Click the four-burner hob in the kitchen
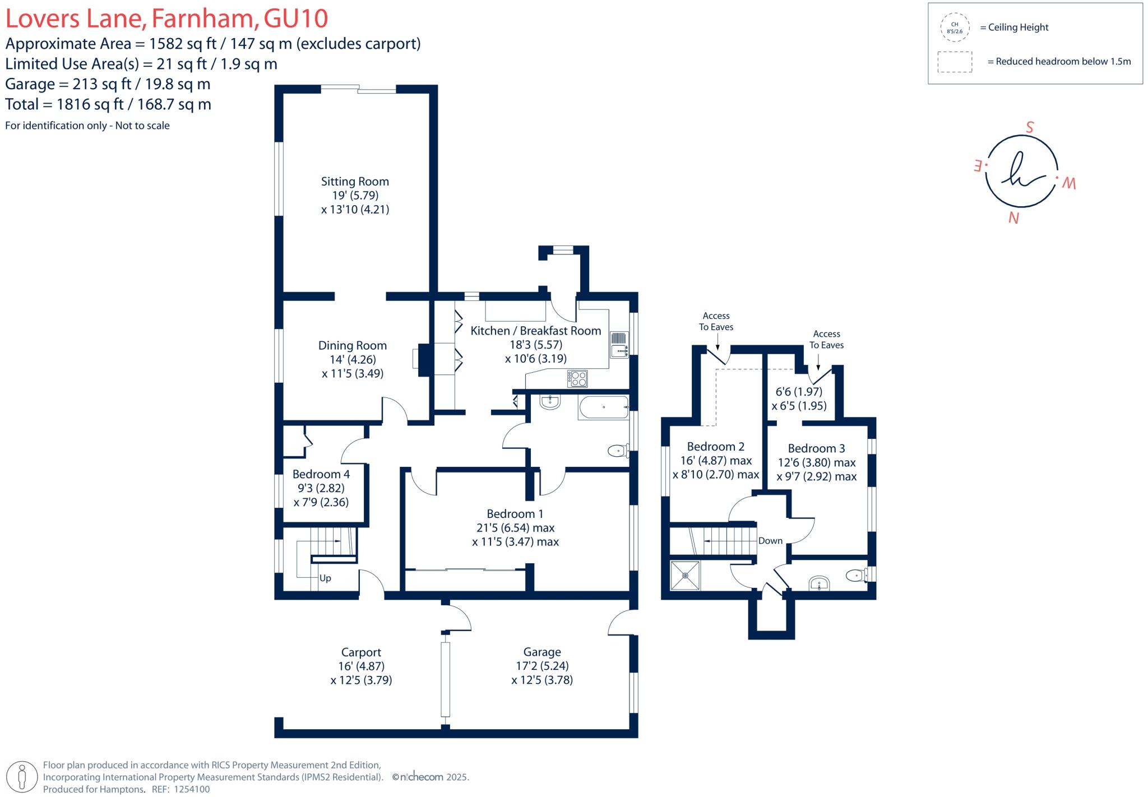(577, 378)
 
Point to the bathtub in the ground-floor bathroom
(603, 407)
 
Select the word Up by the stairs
(325, 578)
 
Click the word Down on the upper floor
(770, 541)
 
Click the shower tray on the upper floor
(685, 576)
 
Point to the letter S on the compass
(1029, 127)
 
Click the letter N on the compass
(1013, 218)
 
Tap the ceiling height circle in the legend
(955, 27)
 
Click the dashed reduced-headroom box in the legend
(955, 62)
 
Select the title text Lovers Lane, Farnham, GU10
(166, 18)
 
